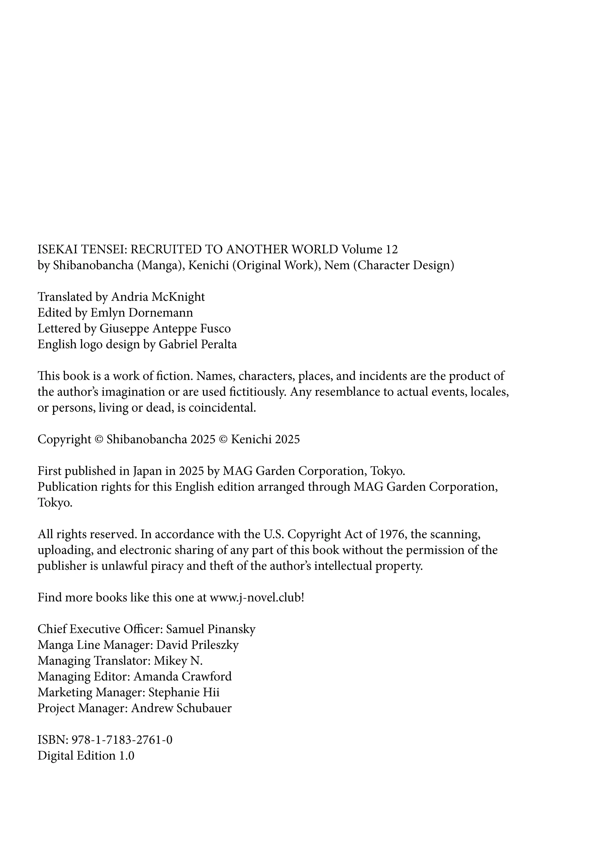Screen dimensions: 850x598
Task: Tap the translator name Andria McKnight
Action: pyautogui.click(x=158, y=297)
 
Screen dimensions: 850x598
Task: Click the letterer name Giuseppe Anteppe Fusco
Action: pyautogui.click(x=165, y=328)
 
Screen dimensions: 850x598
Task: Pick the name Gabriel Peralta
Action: pyautogui.click(x=198, y=344)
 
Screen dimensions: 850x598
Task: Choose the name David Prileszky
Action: pyautogui.click(x=197, y=645)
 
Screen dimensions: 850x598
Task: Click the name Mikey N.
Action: pyautogui.click(x=178, y=661)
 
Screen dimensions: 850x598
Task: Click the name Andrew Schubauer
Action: pyautogui.click(x=181, y=708)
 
